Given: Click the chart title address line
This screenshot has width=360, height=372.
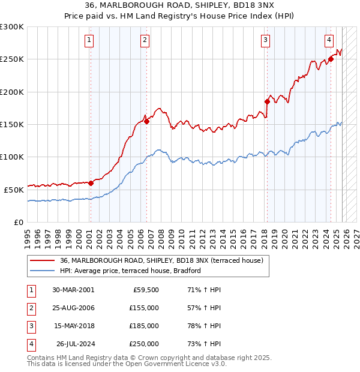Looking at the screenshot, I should (180, 6).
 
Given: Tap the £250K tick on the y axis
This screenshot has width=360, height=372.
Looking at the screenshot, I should (12, 59).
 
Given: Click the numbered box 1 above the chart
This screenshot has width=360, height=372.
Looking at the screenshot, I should (89, 40).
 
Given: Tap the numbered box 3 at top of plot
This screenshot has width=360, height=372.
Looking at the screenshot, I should (265, 40).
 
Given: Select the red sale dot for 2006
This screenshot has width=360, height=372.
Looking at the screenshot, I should (146, 121).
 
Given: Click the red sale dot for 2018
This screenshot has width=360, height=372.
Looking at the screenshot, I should (267, 101).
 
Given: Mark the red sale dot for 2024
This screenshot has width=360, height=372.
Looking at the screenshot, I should (331, 59).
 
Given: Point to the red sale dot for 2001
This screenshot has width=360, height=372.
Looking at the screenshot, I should (91, 183).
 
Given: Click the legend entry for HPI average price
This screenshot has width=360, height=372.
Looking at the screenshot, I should (130, 271).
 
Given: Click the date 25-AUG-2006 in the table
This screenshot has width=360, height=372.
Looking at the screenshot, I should (73, 308).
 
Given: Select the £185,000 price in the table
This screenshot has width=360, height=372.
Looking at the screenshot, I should (143, 326).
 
